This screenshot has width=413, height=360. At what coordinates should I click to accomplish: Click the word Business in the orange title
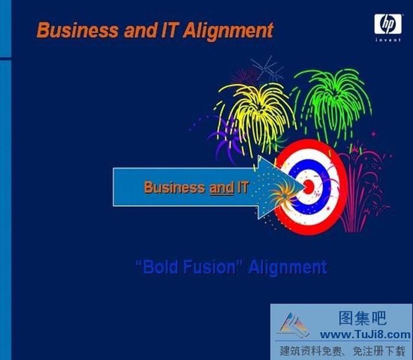point(78,30)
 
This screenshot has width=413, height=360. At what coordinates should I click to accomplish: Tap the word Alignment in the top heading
point(228,30)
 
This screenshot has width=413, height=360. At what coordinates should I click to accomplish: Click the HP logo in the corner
point(387,24)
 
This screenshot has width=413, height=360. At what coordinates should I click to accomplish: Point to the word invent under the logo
point(388,40)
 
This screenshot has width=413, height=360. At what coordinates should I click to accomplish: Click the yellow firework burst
point(255,112)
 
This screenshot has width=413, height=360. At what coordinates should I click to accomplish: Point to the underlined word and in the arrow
point(221,188)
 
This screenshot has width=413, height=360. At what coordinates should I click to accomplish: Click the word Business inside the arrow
point(175,188)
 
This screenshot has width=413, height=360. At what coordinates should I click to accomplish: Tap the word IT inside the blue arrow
point(242,188)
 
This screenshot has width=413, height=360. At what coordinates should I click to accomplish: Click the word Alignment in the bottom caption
point(287,267)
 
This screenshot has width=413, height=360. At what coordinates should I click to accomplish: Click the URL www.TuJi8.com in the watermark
point(367,335)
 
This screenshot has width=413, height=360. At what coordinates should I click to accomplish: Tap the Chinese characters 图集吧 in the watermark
point(362,319)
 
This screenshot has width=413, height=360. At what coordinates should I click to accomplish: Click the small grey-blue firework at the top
point(267,69)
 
